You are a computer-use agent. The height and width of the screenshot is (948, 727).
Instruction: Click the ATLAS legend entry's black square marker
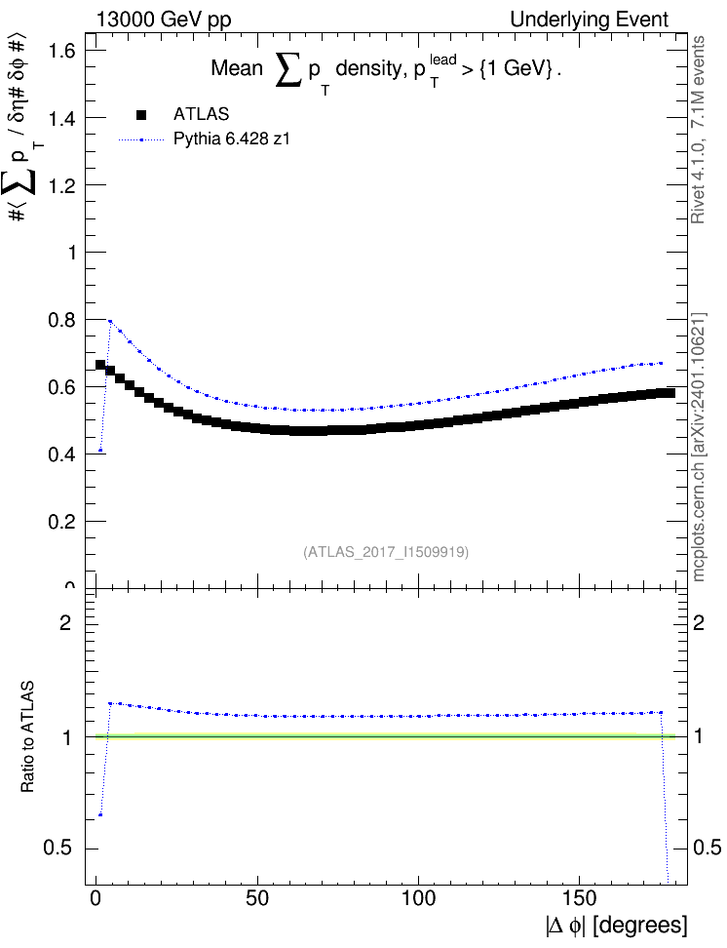point(141,115)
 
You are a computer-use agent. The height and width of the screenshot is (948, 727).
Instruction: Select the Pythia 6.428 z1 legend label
point(232,139)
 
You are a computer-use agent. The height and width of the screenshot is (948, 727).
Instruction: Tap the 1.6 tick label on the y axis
point(61,51)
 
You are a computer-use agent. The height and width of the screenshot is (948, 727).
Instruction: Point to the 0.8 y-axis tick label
point(61,320)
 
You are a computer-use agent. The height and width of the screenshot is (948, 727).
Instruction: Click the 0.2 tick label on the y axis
point(61,521)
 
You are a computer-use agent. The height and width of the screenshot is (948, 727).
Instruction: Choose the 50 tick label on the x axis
point(257,898)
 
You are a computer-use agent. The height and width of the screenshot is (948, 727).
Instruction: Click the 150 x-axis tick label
point(580,898)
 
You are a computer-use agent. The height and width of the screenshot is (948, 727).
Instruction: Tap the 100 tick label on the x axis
point(419,898)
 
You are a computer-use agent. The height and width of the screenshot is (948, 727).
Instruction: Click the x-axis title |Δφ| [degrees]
point(617,926)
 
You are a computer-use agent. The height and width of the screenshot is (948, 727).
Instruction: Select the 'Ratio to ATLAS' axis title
point(27,737)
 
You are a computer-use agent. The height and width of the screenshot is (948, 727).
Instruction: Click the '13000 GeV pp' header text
point(164,20)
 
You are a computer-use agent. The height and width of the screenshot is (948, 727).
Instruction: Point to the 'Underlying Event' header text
point(590,20)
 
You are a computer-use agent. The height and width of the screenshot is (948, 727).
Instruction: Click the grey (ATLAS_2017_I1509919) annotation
point(386,552)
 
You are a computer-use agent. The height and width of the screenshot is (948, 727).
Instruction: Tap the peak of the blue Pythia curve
point(110,321)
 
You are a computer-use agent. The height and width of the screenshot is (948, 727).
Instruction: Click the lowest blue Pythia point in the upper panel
point(100,450)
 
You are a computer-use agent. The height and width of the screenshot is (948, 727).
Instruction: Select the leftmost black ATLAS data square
point(100,365)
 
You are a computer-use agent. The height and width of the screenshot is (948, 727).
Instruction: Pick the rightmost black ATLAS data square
point(670,394)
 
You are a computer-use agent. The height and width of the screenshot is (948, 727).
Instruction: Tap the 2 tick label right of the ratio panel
point(699,622)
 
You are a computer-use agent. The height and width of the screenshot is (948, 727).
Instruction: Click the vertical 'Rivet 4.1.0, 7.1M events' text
point(698,130)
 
